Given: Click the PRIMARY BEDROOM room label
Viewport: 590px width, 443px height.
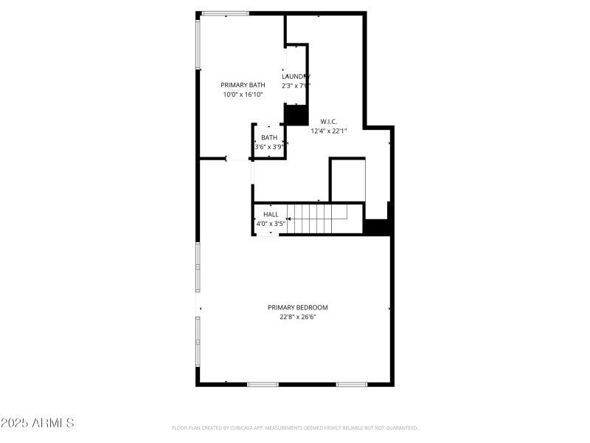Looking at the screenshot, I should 297,307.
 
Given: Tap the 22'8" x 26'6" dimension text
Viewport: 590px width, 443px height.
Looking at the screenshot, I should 297,317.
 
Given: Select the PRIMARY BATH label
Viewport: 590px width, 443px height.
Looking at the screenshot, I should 243,85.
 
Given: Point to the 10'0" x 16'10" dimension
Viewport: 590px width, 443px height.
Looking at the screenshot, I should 243,95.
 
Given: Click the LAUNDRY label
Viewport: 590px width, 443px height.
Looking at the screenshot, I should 296,77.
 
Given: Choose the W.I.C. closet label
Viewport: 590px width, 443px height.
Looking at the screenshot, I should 329,121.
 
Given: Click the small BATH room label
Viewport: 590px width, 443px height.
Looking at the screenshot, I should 269,137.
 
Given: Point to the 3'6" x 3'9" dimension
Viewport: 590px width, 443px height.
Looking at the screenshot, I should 269,147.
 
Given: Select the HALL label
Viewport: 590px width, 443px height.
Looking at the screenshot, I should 271,214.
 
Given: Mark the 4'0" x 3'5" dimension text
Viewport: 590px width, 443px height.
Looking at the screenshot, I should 271,224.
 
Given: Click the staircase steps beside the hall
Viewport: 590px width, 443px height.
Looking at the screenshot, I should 317,219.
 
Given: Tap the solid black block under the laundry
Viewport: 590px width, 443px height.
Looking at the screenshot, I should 296,115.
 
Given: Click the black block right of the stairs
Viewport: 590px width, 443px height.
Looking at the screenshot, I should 378,227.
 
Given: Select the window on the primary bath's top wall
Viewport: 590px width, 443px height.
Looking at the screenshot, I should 226,13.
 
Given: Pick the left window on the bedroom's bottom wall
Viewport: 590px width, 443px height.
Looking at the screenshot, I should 263,384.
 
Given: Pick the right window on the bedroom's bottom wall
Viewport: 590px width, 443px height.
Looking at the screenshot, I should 352,384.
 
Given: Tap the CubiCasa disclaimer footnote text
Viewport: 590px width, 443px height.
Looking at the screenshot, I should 295,428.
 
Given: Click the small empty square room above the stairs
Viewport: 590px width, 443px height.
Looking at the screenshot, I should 347,179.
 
